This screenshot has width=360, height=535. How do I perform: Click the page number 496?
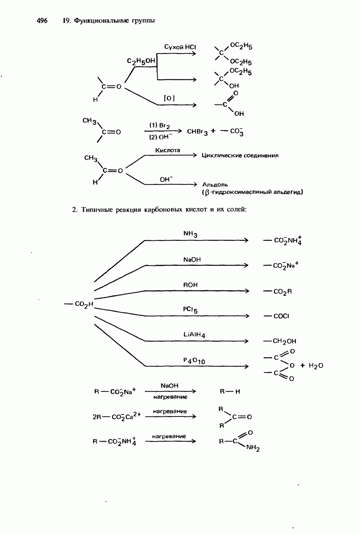42,21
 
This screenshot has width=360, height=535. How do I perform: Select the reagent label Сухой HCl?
180,47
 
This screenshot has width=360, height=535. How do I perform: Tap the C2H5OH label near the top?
141,61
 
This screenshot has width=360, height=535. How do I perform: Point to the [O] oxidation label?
169,98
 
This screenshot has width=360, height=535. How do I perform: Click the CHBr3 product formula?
197,132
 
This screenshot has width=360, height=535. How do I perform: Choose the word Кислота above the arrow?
167,150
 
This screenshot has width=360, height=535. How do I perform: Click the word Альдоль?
215,185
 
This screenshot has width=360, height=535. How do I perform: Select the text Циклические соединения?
240,156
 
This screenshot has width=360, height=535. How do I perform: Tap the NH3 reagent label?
190,234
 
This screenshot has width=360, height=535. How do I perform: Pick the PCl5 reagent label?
190,310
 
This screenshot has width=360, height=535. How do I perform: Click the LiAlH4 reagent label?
194,335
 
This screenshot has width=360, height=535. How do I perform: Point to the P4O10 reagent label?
194,361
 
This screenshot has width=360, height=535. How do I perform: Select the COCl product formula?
281,316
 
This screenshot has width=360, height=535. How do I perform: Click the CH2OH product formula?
284,341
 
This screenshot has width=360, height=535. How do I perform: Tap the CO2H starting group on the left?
84,304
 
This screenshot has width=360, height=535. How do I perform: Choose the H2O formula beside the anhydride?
316,366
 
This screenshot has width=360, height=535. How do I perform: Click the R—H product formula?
230,391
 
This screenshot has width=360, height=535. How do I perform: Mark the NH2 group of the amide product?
253,448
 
